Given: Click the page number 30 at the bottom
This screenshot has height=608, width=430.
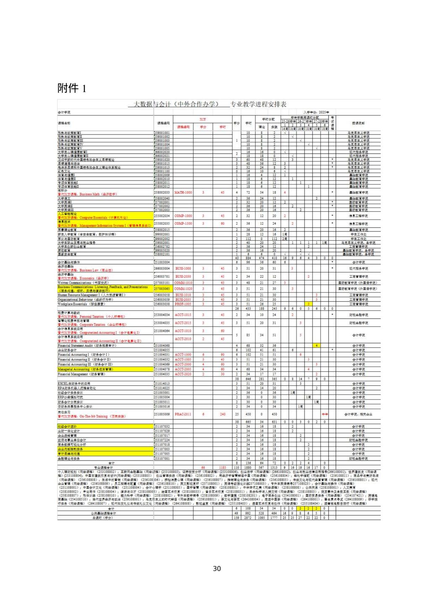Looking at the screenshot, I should [217, 569].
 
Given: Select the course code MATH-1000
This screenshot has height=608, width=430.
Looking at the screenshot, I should [183, 192].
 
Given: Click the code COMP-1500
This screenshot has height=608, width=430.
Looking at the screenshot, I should [183, 224].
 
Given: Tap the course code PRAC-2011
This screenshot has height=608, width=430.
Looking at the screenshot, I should [183, 414].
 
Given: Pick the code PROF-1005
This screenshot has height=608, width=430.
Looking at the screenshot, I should [183, 304].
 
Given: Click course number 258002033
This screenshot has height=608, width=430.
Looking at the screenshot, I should [162, 192].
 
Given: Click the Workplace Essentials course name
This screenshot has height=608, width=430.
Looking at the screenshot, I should [80, 304].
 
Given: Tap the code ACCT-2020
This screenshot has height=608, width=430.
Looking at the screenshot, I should [183, 374].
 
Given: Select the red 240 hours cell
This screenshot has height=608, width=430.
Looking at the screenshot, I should [222, 414].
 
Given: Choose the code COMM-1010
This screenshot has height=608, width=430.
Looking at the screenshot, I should [183, 283].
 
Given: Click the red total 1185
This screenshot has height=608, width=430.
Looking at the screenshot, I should [222, 467].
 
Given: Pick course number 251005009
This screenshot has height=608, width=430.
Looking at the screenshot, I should [162, 414].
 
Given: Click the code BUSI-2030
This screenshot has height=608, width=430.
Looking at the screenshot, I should [183, 276].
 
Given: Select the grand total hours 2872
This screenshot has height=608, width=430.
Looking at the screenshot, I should [248, 518].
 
